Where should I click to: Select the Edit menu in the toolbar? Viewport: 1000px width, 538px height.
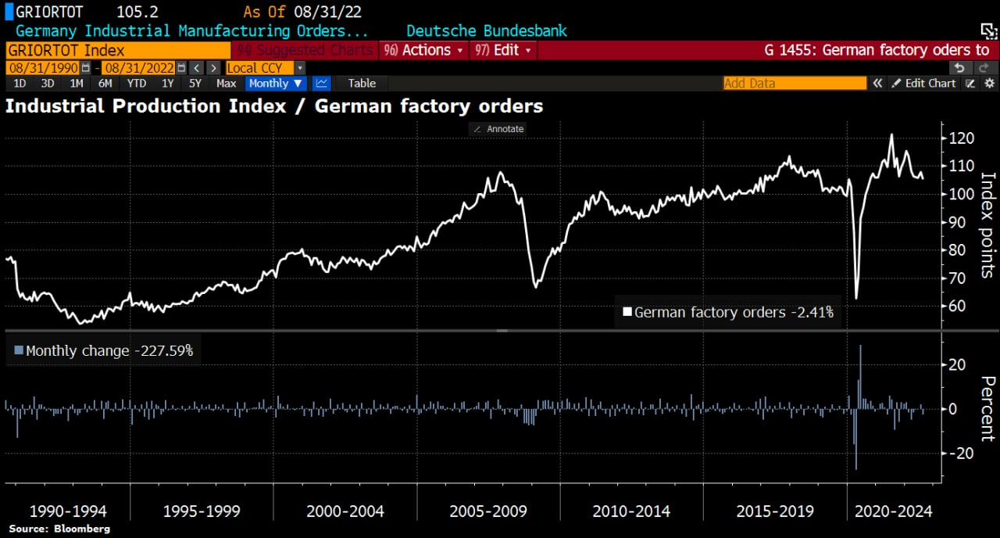pyautogui.click(x=505, y=50)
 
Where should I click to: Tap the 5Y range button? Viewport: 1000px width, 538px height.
pyautogui.click(x=195, y=84)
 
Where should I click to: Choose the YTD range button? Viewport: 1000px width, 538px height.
pyautogui.click(x=137, y=84)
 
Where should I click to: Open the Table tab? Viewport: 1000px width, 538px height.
pyautogui.click(x=362, y=84)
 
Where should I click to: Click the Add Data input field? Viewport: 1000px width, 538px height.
pyautogui.click(x=795, y=84)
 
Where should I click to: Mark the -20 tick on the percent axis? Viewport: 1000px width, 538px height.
pyautogui.click(x=960, y=454)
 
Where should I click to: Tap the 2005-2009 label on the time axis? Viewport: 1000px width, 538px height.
pyautogui.click(x=488, y=511)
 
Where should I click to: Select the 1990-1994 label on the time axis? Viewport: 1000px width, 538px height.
pyautogui.click(x=68, y=511)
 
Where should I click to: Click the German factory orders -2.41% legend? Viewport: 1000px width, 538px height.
pyautogui.click(x=728, y=313)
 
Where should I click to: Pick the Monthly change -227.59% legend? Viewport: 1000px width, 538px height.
pyautogui.click(x=104, y=351)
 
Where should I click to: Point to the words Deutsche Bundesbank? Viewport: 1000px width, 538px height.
pyautogui.click(x=486, y=31)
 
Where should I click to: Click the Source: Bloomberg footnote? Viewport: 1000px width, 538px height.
pyautogui.click(x=59, y=529)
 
